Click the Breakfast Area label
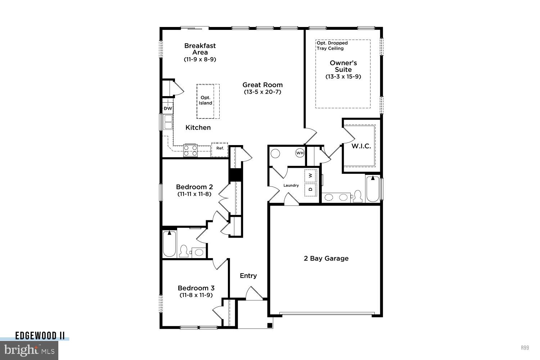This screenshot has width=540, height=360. point(200,49)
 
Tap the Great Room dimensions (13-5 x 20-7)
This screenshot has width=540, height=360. point(262,92)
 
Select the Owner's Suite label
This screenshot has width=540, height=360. point(343,66)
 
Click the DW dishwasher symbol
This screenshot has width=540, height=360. point(168,108)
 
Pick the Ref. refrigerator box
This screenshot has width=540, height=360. point(220,149)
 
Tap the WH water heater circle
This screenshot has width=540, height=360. point(300,153)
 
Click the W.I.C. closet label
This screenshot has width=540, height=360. point(361,146)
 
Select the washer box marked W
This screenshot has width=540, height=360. point(311,176)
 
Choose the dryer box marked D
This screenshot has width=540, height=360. point(311,189)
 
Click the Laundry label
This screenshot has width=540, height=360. point(291,185)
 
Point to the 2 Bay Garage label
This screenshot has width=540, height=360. point(326,258)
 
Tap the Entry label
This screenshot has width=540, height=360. point(248,275)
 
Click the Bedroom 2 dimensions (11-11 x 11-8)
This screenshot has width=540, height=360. point(194,194)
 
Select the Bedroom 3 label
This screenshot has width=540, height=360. point(196,288)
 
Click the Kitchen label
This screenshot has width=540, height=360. point(198,127)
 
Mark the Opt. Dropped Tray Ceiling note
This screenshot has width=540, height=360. point(332,46)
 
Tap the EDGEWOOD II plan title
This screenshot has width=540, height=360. point(40,336)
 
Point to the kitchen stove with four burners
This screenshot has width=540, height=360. point(190,150)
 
